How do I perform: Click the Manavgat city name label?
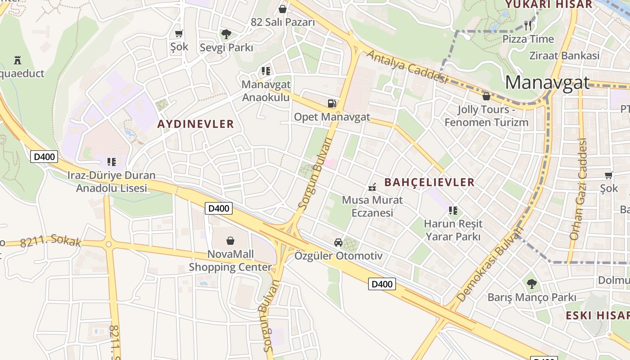pyautogui.click(x=547, y=83)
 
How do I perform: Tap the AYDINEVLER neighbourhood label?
pyautogui.click(x=196, y=124)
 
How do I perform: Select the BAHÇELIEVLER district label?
pyautogui.click(x=429, y=182)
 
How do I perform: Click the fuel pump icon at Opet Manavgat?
pyautogui.click(x=332, y=103)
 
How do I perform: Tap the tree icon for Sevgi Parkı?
pyautogui.click(x=226, y=34)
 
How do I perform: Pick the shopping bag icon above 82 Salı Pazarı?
pyautogui.click(x=283, y=9)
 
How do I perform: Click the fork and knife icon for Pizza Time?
pyautogui.click(x=528, y=25)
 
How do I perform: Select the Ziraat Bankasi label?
pyautogui.click(x=564, y=56)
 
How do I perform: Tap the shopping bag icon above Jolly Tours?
pyautogui.click(x=486, y=96)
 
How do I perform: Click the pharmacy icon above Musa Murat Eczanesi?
pyautogui.click(x=372, y=187)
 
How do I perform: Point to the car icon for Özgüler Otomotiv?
pyautogui.click(x=338, y=243)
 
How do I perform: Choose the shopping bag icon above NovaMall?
pyautogui.click(x=230, y=241)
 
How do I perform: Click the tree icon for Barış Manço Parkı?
pyautogui.click(x=532, y=284)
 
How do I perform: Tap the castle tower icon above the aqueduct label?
pyautogui.click(x=18, y=60)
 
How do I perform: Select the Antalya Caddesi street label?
pyautogui.click(x=407, y=67)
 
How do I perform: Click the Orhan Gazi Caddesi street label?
pyautogui.click(x=579, y=189)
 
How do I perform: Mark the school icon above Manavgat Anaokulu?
pyautogui.click(x=266, y=71)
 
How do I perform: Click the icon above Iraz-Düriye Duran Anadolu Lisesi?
pyautogui.click(x=111, y=162)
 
